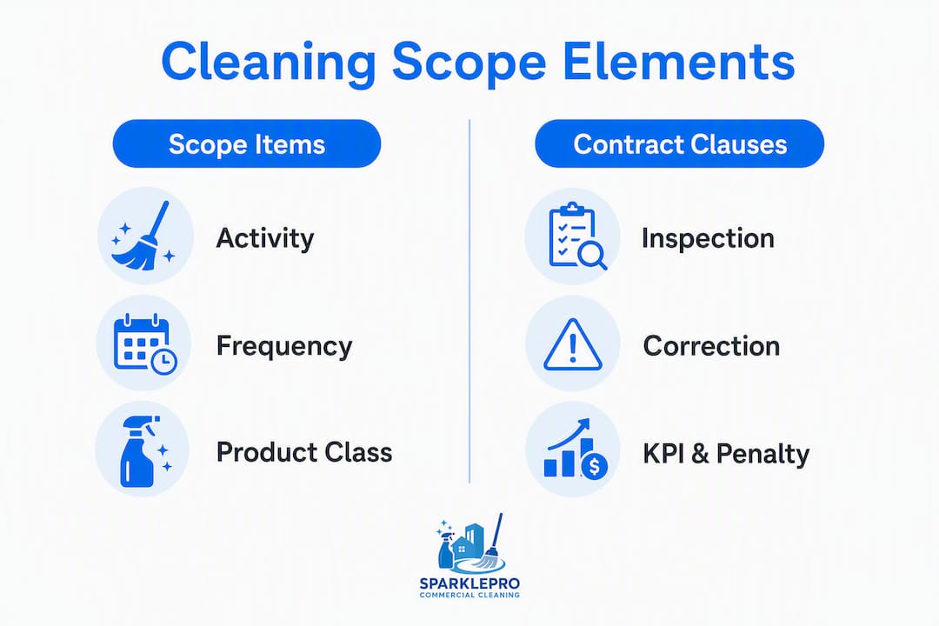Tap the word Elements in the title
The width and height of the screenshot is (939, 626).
pos(678,61)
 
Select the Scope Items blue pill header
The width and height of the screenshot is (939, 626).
pos(247,143)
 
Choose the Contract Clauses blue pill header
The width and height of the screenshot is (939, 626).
pos(680,143)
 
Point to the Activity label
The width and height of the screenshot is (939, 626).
pos(264,238)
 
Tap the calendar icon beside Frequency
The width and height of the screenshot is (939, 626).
pos(145,343)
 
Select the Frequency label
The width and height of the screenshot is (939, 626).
pos(283,346)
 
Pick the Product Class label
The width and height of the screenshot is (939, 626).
pos(304,452)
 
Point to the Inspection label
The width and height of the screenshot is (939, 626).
pos(708,238)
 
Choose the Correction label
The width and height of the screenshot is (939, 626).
pos(711,346)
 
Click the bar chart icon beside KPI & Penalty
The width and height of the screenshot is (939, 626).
pos(576,448)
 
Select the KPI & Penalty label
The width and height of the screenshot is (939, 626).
pos(726,454)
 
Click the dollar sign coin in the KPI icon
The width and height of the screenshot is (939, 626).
pos(594,465)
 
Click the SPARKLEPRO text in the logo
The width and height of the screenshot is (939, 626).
pos(469,583)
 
